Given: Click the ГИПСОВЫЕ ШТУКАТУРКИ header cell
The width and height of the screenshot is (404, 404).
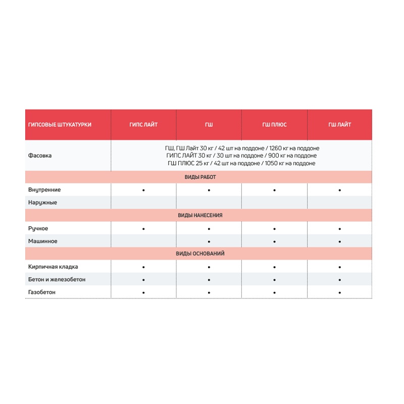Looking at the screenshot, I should click(x=60, y=125).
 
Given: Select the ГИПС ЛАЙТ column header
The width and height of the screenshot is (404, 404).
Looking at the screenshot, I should click(x=143, y=125).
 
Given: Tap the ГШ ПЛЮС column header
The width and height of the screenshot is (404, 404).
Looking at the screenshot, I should click(x=274, y=125).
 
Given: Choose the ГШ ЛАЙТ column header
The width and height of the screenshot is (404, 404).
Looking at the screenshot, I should click(x=339, y=125).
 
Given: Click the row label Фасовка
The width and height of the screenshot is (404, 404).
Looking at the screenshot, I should click(x=40, y=156).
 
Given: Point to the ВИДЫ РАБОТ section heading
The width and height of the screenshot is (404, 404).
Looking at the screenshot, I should click(x=200, y=177).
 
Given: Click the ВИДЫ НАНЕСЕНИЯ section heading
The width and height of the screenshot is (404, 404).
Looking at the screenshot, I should click(x=200, y=215).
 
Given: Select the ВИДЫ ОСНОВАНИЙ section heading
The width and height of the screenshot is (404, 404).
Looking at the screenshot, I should click(x=200, y=254).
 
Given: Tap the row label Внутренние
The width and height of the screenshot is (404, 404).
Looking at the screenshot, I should click(x=44, y=190).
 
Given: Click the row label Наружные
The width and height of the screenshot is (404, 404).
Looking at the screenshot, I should click(x=42, y=203).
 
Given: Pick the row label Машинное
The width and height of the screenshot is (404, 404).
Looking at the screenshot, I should click(x=43, y=241).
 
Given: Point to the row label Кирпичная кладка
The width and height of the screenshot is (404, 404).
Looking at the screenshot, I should click(x=53, y=267).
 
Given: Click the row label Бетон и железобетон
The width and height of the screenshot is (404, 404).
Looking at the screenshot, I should click(x=57, y=279).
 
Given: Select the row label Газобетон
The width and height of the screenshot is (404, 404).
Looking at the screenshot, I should click(x=42, y=292).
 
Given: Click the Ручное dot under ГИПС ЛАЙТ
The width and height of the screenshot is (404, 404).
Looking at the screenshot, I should click(x=143, y=229).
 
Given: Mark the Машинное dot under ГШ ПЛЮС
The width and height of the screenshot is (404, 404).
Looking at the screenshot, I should click(x=274, y=241).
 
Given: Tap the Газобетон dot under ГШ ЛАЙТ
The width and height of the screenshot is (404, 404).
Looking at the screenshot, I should click(x=339, y=292).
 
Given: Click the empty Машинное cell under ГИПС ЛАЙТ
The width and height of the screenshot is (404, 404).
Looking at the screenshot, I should click(x=143, y=241).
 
